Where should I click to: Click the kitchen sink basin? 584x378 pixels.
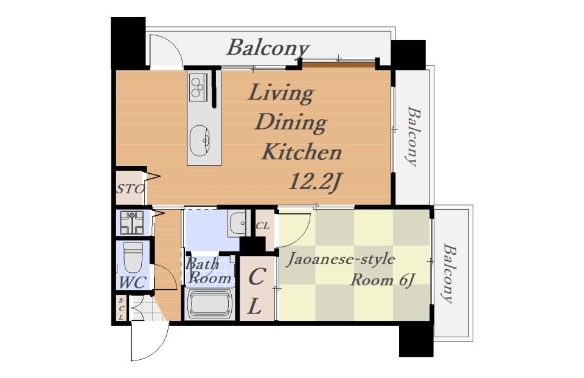pos(200,140)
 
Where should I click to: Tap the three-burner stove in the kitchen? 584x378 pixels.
pos(198,88)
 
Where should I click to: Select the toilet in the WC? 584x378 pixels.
pos(133,257)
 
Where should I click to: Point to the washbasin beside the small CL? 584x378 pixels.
pos(237,223)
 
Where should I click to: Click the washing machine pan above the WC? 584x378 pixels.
pos(132,223)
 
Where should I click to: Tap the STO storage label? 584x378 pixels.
pos(130,190)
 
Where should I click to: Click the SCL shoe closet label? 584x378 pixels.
pos(121,308)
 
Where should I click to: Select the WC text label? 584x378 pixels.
pos(132,283)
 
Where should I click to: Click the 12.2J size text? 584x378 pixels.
pos(315,182)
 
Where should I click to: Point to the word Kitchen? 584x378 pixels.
pos(301,152)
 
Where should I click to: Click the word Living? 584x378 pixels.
pos(281,94)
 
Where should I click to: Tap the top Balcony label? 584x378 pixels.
pos(268,48)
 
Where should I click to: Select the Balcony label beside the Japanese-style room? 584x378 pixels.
pos(449,273)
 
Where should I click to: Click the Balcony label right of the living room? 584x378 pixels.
pos(412,136)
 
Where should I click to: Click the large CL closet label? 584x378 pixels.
pos(256,292)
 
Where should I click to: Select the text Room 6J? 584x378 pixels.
pos(383,280)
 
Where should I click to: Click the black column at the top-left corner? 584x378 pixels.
pos(128,43)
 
